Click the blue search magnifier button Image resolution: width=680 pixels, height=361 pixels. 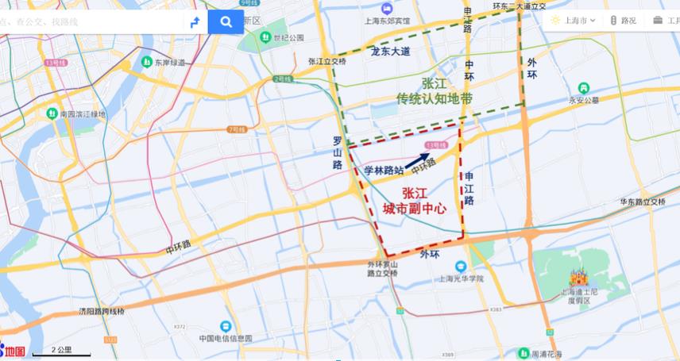click(226, 22)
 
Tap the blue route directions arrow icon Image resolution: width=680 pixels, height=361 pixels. click(194, 22)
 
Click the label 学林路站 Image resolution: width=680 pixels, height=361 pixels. click(384, 170)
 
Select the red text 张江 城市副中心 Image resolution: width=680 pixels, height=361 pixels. click(413, 200)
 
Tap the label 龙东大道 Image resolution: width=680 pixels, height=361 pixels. click(390, 52)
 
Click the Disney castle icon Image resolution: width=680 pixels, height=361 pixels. click(578, 278)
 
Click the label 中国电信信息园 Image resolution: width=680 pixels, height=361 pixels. click(226, 337)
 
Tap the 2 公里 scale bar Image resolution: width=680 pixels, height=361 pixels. click(62, 351)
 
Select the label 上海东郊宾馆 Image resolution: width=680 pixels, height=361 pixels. click(385, 21)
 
